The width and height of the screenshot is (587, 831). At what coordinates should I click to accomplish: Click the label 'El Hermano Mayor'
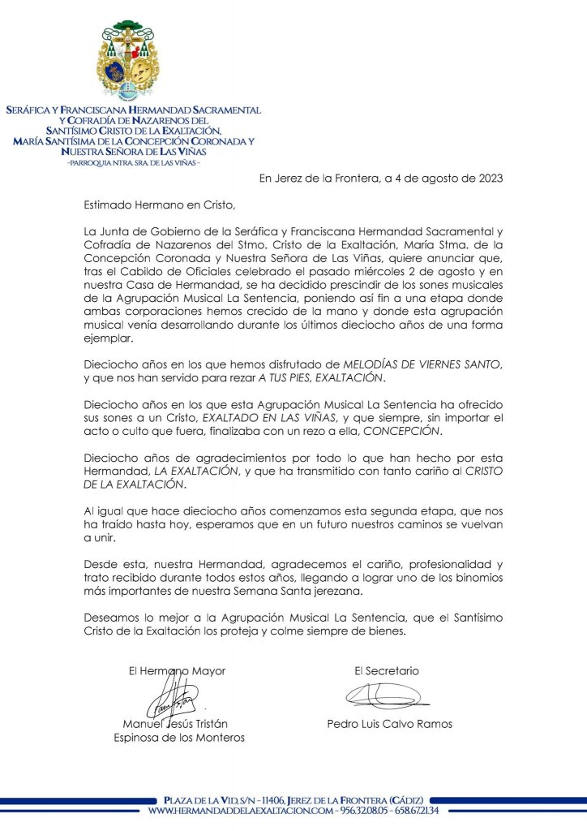pos(177,671)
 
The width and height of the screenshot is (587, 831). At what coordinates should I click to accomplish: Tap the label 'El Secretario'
pos(387,671)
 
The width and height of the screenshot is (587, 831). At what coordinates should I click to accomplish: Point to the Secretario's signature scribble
pos(381,695)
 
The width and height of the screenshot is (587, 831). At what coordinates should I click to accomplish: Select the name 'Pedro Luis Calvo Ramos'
pos(388,724)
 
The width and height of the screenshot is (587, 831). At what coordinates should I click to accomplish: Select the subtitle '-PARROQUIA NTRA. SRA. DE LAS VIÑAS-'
pos(134,162)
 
